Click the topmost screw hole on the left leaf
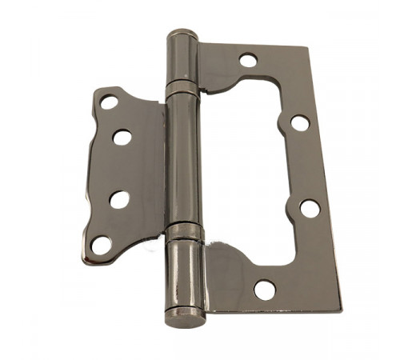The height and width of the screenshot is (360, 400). (x=109, y=102)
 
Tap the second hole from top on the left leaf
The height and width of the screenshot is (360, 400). (x=122, y=137)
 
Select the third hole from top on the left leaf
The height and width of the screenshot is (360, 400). (x=119, y=199)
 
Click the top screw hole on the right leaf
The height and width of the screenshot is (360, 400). (x=248, y=60)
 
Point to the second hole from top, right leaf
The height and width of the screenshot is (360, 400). (x=299, y=123)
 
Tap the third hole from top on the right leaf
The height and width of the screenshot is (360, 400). (x=310, y=208)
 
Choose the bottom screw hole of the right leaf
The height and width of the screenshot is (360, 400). (x=265, y=290)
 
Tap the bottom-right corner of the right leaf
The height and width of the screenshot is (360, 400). (x=340, y=308)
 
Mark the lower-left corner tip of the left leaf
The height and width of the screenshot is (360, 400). (x=86, y=254)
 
